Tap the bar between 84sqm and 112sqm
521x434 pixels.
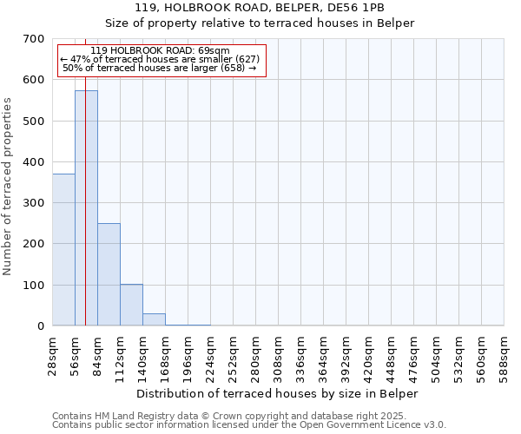coord(109,274)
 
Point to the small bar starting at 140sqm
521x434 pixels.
coord(154,319)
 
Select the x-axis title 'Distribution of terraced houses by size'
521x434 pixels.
coord(278,393)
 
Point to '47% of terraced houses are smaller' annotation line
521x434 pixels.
coord(160,59)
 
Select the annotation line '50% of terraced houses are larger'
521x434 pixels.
coord(160,68)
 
